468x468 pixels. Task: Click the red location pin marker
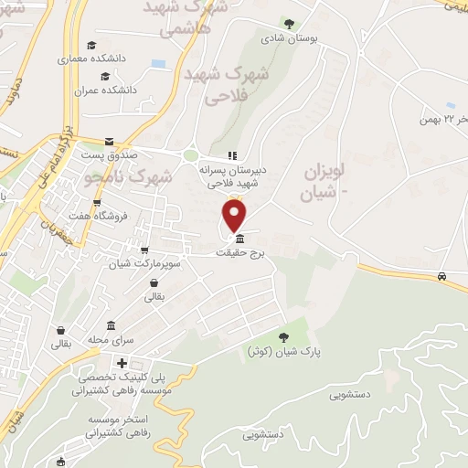pyautogui.click(x=235, y=216)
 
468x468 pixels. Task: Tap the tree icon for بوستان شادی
pyautogui.click(x=290, y=25)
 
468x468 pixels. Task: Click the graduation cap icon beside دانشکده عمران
pyautogui.click(x=106, y=77)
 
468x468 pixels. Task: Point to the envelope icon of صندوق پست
pyautogui.click(x=110, y=141)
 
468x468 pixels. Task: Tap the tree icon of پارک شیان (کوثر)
pyautogui.click(x=282, y=337)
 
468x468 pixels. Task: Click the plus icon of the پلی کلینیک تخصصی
pyautogui.click(x=122, y=364)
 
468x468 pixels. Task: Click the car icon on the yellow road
pyautogui.click(x=442, y=275)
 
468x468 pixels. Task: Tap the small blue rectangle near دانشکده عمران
pyautogui.click(x=159, y=64)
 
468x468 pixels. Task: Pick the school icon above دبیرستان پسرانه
pyautogui.click(x=232, y=155)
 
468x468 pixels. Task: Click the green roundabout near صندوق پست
pyautogui.click(x=191, y=155)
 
